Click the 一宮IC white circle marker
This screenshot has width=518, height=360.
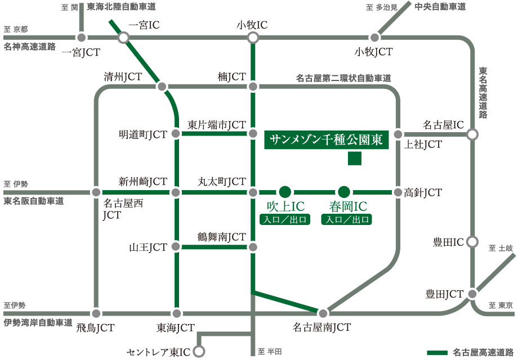(123, 38)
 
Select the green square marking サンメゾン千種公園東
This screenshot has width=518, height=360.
(354, 159)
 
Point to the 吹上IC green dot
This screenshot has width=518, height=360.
(285, 192)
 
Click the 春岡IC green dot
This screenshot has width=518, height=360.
(344, 192)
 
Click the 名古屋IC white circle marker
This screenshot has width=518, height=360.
(472, 134)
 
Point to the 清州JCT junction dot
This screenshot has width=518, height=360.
(162, 87)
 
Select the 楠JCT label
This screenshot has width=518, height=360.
(232, 76)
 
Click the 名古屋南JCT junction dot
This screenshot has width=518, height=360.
(323, 313)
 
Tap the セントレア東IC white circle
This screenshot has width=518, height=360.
(199, 352)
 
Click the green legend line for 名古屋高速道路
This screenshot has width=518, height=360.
(437, 353)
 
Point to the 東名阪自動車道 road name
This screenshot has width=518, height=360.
(33, 201)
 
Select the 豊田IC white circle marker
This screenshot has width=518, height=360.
(472, 242)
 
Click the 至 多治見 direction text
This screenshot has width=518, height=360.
(382, 7)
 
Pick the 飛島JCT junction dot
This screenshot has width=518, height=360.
(96, 313)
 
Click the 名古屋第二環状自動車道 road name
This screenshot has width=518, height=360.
(343, 78)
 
